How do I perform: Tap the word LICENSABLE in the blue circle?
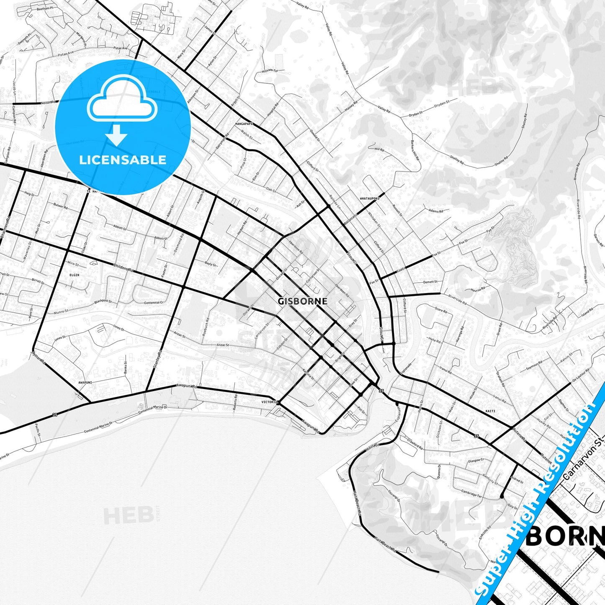[123, 160]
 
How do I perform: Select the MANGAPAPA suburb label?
[245, 124]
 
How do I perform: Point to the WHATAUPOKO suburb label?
[369, 198]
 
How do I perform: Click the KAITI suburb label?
[490, 411]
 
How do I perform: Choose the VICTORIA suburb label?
[269, 402]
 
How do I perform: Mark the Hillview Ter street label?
[270, 71]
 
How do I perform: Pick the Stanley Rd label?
[158, 359]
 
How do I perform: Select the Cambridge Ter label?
[471, 494]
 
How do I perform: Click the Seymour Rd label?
[534, 366]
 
